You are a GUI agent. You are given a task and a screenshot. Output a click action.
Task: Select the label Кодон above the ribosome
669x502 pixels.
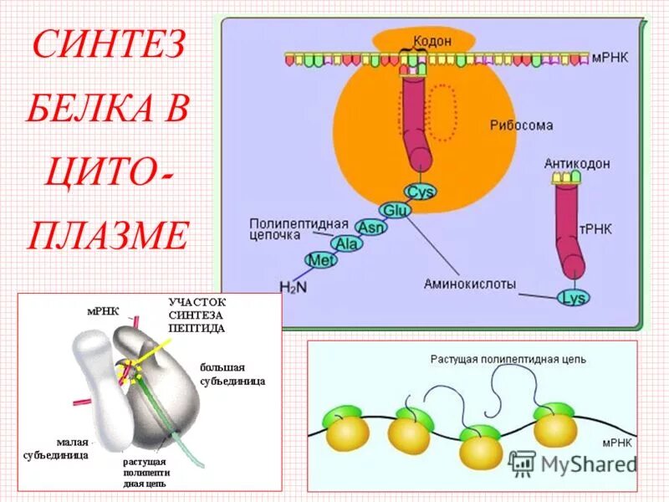[432, 41]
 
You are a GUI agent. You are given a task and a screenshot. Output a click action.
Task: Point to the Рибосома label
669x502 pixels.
[521, 125]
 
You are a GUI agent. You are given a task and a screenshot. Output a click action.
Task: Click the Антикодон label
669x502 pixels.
[577, 163]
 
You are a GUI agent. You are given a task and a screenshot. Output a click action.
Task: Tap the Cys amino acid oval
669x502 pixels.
[421, 192]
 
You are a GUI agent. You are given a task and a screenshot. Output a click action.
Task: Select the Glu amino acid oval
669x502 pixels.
[394, 210]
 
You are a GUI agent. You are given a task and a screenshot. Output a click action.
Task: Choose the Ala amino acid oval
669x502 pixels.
[345, 243]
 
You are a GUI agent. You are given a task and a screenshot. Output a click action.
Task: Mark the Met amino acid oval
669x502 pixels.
[319, 260]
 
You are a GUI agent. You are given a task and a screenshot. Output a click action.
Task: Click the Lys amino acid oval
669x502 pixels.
[574, 297]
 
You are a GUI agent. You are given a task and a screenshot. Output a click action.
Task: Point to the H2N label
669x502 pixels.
[294, 287]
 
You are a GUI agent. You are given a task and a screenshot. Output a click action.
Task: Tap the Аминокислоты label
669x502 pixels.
[469, 284]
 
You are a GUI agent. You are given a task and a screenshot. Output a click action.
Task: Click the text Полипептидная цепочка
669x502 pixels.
[286, 229]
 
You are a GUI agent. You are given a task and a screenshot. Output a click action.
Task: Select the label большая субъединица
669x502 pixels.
[232, 374]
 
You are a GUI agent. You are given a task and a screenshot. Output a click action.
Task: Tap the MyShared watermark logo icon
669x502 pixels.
[522, 462]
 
